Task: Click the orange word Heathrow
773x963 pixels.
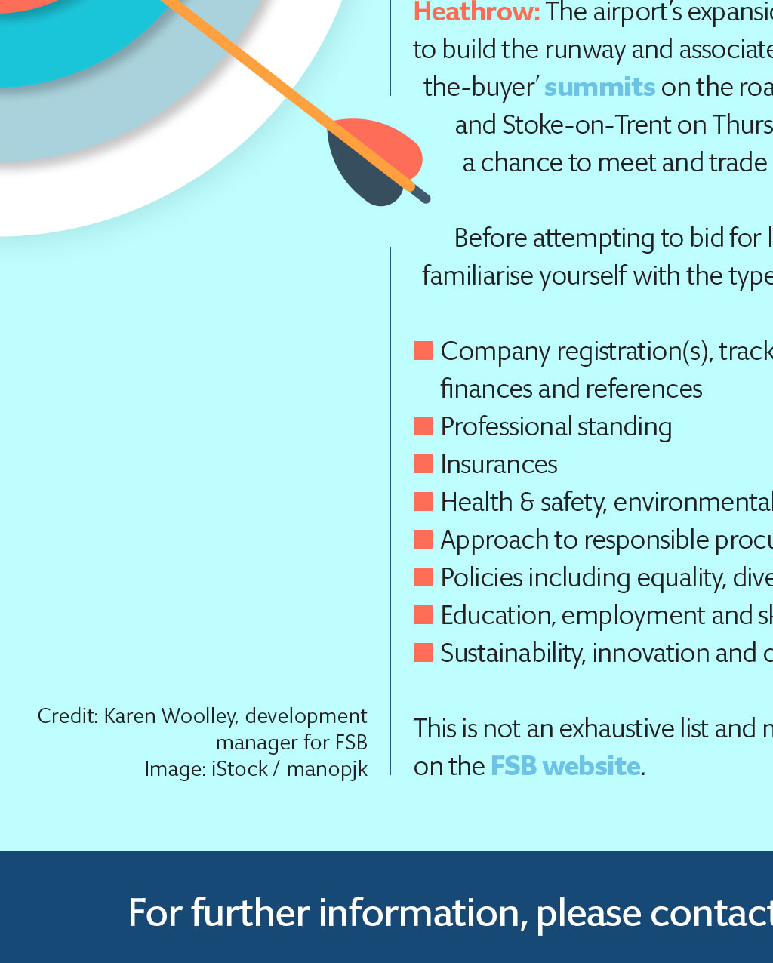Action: click(476, 11)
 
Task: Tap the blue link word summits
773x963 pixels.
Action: click(599, 86)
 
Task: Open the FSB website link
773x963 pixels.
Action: click(565, 766)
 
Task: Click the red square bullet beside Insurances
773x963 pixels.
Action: click(423, 463)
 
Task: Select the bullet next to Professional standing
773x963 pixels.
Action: click(423, 426)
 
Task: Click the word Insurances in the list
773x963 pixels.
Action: click(499, 464)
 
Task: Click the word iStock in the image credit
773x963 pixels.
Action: click(239, 769)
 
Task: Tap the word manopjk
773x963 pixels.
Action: click(327, 770)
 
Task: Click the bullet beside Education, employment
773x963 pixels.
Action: click(423, 614)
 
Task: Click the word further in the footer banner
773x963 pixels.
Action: click(251, 913)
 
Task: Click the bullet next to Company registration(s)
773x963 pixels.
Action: click(423, 350)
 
